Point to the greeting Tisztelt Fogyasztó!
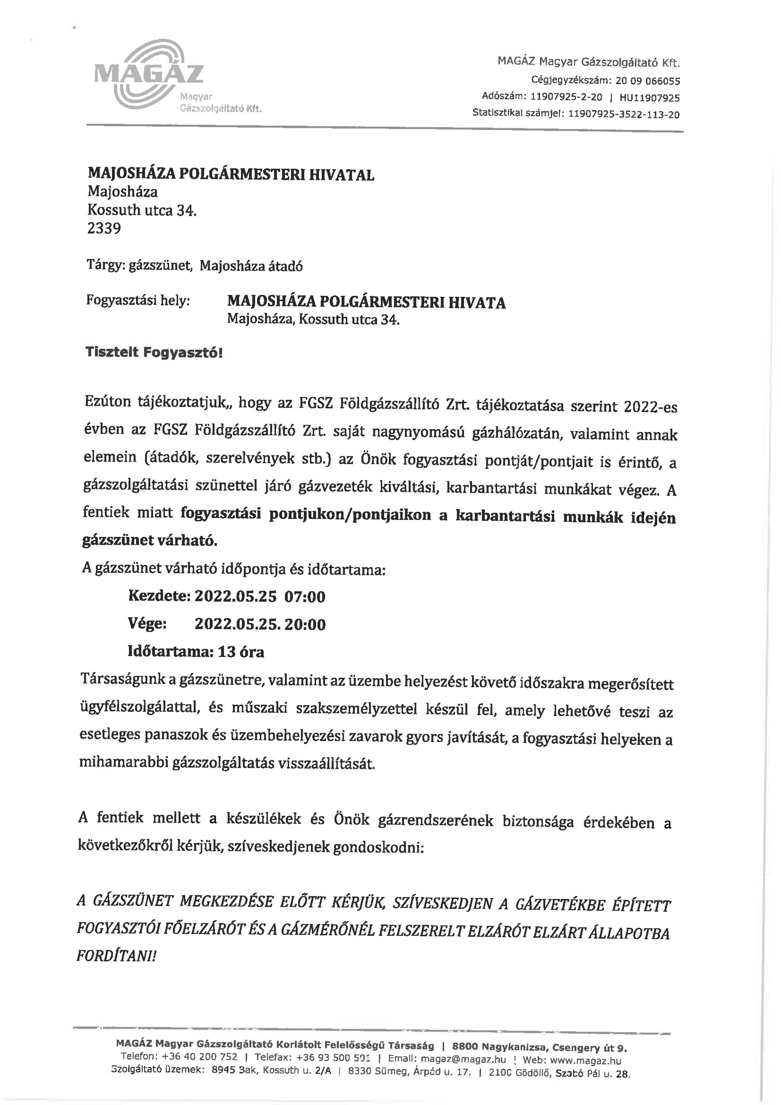tap(154, 352)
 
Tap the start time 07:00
tap(305, 597)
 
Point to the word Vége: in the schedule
tap(147, 624)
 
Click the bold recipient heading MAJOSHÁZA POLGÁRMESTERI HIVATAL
tap(231, 174)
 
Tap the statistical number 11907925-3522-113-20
tap(624, 115)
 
